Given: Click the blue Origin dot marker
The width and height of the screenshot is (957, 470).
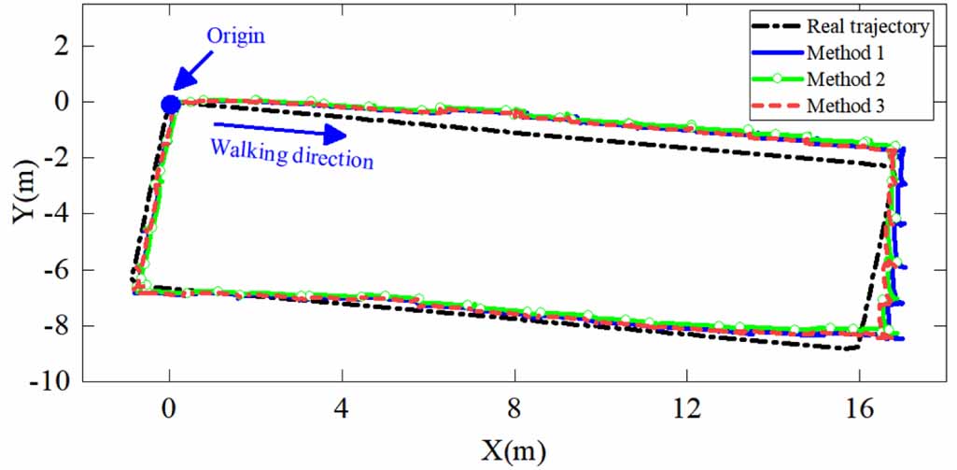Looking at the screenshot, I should pyautogui.click(x=170, y=105).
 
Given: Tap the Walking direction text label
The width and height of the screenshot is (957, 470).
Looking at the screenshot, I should pyautogui.click(x=291, y=153).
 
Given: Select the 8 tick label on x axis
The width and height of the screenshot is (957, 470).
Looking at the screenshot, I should pyautogui.click(x=514, y=407).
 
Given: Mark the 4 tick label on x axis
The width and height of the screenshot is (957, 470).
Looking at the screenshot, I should pyautogui.click(x=342, y=407).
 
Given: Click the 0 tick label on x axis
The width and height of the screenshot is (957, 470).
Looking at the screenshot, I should pyautogui.click(x=169, y=407).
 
